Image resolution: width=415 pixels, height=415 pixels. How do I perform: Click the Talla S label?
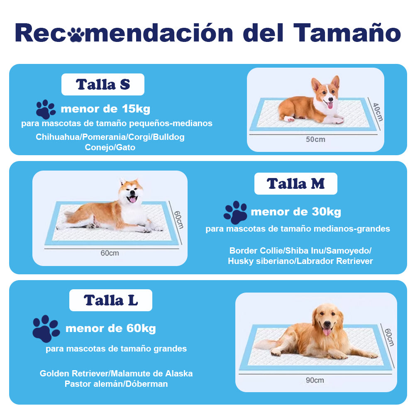[103, 85]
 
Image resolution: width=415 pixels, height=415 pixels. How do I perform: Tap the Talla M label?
[295, 183]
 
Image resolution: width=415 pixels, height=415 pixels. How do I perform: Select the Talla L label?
[111, 300]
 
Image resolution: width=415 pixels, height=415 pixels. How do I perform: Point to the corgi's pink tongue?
[330, 105]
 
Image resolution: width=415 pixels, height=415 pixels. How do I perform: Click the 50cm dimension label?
[315, 139]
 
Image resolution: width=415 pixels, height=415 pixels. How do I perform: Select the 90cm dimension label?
[315, 380]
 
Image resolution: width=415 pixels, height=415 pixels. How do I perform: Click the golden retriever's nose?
[327, 324]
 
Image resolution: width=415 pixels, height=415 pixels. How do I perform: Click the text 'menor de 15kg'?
[105, 109]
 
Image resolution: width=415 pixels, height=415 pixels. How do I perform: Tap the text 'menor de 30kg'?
[296, 212]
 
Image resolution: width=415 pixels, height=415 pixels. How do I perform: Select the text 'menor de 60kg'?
[111, 329]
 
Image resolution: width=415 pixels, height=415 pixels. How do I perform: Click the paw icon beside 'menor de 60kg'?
[46, 328]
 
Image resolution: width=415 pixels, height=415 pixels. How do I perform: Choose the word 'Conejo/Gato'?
[110, 147]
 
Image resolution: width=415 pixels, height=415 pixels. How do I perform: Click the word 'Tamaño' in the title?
[347, 33]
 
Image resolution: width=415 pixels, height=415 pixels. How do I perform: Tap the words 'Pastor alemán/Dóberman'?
[116, 384]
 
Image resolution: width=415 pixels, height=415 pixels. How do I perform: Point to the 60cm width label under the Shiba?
[110, 253]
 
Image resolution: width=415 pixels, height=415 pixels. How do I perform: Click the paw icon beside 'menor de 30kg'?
[235, 212]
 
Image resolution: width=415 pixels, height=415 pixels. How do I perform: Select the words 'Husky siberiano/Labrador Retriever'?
[300, 261]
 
